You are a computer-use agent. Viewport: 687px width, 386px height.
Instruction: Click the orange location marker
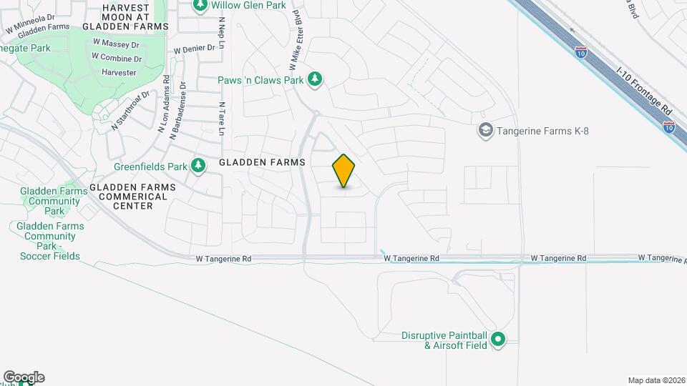344,171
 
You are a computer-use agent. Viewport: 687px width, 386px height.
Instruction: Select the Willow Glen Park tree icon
200,6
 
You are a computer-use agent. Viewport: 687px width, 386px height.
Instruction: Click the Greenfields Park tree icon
198,167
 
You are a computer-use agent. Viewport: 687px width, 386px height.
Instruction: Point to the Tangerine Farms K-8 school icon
486,131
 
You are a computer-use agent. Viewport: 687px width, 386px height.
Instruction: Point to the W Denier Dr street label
195,49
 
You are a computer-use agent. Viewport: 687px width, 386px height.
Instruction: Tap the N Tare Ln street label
222,118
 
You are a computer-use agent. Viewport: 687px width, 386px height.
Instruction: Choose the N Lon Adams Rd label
164,104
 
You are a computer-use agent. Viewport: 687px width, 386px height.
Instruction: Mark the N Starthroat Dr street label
131,112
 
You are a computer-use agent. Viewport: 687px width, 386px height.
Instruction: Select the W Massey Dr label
111,44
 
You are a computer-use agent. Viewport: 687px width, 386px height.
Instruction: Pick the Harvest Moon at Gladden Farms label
125,16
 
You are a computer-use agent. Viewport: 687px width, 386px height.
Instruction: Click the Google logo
24,377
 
